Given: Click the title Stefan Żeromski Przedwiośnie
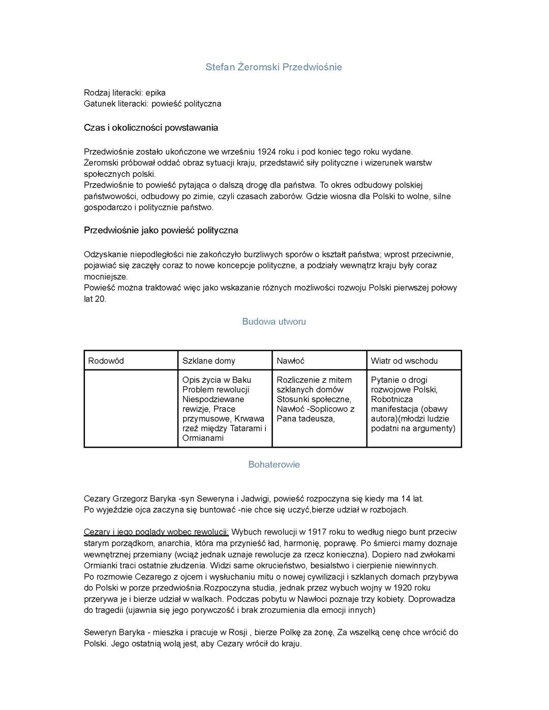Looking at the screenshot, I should (x=273, y=67).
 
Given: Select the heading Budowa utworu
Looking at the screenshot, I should (x=273, y=322).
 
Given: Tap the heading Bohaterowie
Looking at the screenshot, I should (x=273, y=465).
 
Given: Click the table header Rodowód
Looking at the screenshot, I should (x=106, y=361).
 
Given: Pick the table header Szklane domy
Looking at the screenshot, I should (x=208, y=361).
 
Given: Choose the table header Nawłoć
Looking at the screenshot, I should (x=290, y=361).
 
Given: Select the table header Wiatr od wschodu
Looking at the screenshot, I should (x=404, y=361).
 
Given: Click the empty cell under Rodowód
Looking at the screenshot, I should (x=131, y=409).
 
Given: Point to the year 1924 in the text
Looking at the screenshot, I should (x=267, y=151).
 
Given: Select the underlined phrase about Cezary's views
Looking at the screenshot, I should (x=156, y=532).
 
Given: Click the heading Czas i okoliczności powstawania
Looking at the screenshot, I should (x=150, y=128).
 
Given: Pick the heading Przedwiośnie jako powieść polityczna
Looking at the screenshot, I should (x=161, y=230).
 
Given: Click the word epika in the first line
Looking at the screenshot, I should (x=156, y=92).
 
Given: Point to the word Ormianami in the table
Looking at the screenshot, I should (x=203, y=438).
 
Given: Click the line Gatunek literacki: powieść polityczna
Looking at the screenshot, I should (x=152, y=104).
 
